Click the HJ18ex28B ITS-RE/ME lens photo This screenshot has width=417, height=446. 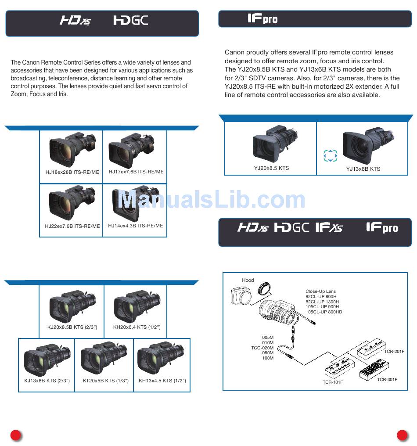point(72,150)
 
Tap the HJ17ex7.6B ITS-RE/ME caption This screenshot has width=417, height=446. point(136,172)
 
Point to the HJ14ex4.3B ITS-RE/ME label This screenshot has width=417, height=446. point(135,226)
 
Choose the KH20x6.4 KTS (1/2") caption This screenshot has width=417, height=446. point(137,327)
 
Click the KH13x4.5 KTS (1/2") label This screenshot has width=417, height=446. point(162,381)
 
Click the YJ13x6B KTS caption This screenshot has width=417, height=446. point(363,169)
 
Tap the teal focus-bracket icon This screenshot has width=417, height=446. point(330,155)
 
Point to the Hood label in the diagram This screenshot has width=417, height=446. point(248,280)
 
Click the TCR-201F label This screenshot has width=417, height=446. point(394,351)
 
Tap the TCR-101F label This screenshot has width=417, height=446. point(333,382)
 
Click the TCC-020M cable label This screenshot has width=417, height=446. point(262,348)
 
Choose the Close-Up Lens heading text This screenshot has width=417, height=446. point(320,291)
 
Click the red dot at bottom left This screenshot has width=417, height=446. point(16,435)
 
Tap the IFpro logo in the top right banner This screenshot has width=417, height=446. point(262,19)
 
